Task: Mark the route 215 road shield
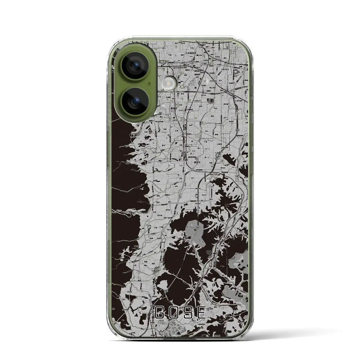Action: [x=192, y=242]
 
